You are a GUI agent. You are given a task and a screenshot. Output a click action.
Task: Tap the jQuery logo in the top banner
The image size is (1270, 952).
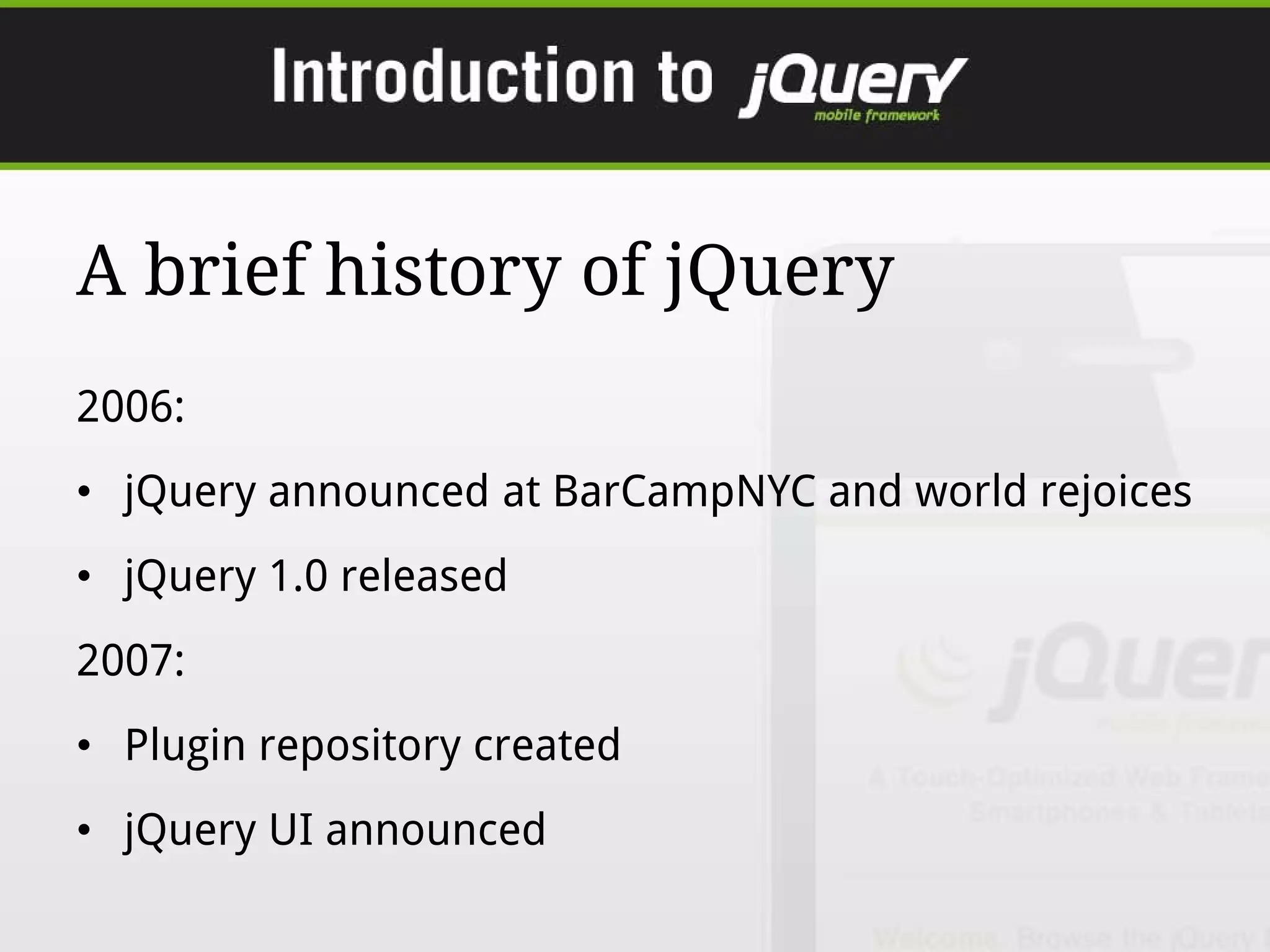coord(853,85)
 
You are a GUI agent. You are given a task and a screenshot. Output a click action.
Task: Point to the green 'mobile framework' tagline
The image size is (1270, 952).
coord(876,115)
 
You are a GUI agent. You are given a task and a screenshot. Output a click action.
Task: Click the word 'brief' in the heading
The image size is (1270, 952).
coord(226,270)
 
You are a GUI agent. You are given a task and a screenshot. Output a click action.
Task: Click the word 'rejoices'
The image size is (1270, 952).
coord(1116,491)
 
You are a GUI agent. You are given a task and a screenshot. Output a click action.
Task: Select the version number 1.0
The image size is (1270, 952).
coord(298,576)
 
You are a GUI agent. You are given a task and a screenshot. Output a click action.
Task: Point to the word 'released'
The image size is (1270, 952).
coord(424,576)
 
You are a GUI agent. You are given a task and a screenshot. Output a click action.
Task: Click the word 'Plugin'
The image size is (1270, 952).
coord(185,745)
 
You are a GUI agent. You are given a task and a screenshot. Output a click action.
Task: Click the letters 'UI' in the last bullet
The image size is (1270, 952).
coord(291,829)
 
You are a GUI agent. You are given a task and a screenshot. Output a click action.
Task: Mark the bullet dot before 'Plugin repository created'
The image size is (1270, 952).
coord(84,746)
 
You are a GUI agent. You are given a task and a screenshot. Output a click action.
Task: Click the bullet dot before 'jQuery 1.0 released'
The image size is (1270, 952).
coord(84,577)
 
